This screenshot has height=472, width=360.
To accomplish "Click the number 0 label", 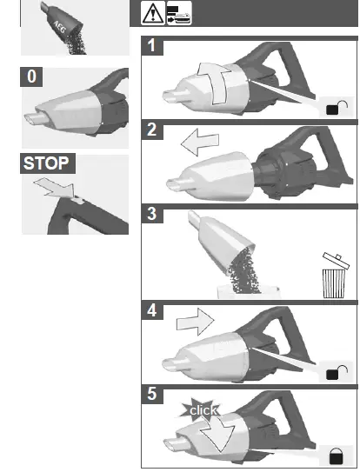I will [x=32, y=76].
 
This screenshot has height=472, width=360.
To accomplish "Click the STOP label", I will [x=46, y=163].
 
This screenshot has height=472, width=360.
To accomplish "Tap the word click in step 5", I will [x=203, y=409].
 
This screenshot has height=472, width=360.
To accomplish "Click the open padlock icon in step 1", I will [x=335, y=108].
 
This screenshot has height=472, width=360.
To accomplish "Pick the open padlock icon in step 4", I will [x=334, y=372].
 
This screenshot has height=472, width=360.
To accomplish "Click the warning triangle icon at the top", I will [x=152, y=14].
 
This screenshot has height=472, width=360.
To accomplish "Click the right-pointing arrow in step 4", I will [x=192, y=323].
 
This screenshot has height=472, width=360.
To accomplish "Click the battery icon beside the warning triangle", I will [x=177, y=14].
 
